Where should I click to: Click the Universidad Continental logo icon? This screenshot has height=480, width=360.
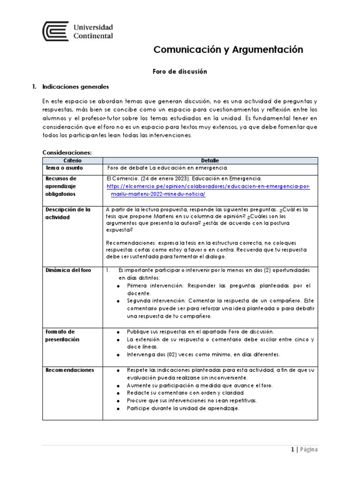[56, 32]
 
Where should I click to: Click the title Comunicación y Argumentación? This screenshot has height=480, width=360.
[229, 50]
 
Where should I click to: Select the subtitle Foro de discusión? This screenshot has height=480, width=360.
[180, 72]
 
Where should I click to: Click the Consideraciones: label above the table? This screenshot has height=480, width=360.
[67, 152]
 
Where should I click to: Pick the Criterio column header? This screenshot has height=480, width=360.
[72, 160]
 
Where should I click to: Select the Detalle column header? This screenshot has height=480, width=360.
[210, 160]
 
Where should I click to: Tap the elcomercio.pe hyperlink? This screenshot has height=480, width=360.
[209, 190]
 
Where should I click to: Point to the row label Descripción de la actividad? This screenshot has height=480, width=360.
[68, 213]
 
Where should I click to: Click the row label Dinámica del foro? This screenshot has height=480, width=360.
[69, 270]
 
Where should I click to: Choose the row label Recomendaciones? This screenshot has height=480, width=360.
[70, 370]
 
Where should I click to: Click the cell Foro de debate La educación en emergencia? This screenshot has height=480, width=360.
[167, 168]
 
